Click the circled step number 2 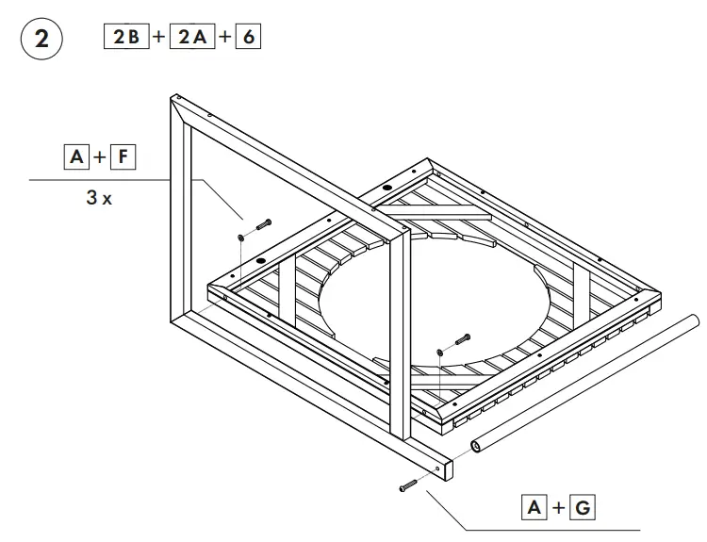point(41,40)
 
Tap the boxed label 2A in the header point(192,38)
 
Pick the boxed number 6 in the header point(247,38)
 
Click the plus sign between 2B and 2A point(158,39)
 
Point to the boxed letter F point(123,156)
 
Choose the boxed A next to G point(534,508)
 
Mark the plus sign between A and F point(100,157)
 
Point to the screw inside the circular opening point(462,340)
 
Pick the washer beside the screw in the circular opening point(441,351)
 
